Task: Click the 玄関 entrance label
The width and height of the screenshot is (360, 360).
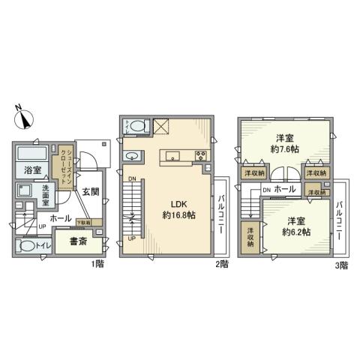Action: [89, 191]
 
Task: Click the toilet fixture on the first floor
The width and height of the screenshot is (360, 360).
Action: [27, 245]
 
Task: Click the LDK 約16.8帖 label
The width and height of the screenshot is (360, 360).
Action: [178, 208]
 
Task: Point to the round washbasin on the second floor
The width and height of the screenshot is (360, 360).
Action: [133, 156]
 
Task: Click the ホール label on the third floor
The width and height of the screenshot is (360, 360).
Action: [283, 190]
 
